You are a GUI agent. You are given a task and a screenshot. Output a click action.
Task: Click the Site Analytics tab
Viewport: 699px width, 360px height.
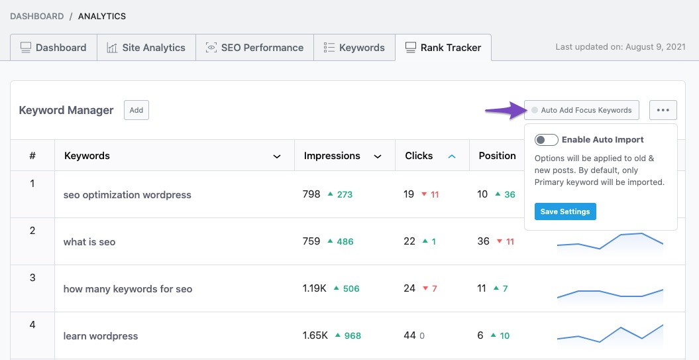coord(146,48)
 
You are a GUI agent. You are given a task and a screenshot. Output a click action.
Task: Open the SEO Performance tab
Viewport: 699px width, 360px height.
coord(254,48)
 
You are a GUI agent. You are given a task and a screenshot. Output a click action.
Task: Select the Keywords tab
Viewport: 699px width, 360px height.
coord(354,48)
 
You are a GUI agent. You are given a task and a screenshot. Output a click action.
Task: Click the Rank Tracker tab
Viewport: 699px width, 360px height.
coord(443,48)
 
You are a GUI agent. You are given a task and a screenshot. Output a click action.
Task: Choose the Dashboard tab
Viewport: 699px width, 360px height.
coord(53,48)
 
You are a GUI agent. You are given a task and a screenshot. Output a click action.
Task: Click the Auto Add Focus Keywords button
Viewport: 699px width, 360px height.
coord(581,110)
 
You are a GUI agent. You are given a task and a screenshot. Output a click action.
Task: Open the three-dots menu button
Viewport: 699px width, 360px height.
coord(663,110)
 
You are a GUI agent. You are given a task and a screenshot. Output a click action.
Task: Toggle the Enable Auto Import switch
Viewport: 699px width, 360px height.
coord(547,140)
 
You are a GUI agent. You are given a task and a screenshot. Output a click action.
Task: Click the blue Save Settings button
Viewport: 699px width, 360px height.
coord(565,211)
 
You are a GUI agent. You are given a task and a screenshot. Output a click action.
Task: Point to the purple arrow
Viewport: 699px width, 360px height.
coord(503,111)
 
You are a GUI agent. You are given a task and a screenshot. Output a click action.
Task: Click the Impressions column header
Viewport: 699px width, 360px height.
coord(332,156)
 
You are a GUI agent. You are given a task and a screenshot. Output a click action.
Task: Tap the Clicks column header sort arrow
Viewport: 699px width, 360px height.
coord(452,156)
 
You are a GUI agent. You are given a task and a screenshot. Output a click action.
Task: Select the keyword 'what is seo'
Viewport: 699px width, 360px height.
coord(89,242)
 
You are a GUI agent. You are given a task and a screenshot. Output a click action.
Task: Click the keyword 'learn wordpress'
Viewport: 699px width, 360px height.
coord(101,336)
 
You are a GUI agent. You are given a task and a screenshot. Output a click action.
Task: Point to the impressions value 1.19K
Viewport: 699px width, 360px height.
coord(315,288)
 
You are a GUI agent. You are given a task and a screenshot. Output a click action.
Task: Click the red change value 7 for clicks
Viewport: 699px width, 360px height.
coord(434,289)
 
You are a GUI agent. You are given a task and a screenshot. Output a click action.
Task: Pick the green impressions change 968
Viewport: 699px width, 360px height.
coord(352,336)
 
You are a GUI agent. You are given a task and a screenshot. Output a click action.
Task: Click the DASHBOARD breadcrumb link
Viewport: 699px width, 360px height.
coord(36,16)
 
